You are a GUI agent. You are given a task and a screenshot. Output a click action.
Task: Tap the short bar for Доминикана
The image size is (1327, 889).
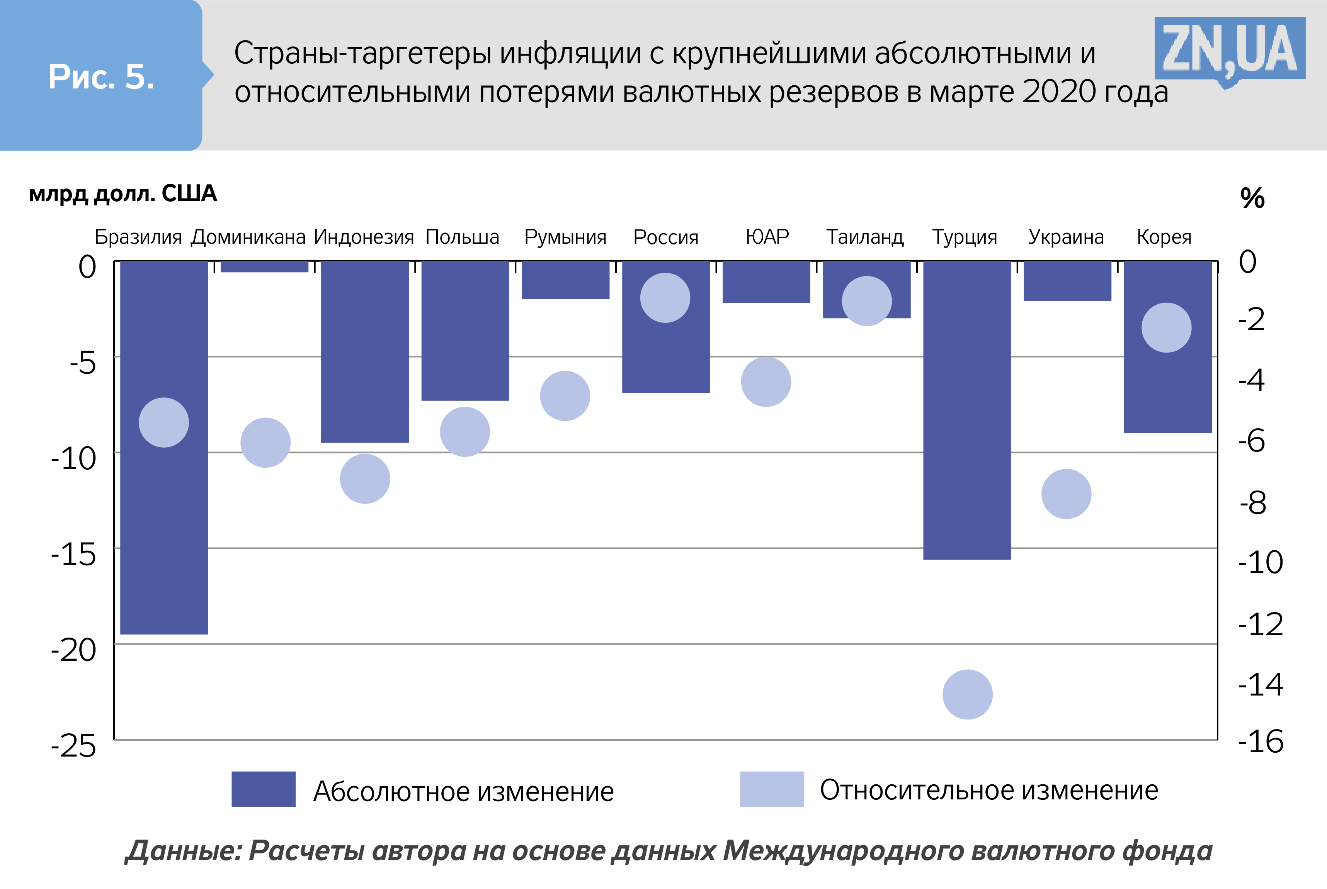click(x=264, y=266)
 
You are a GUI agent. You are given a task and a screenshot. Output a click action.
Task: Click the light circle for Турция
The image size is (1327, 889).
click(x=967, y=694)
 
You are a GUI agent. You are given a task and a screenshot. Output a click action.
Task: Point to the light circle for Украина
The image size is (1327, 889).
click(x=1066, y=494)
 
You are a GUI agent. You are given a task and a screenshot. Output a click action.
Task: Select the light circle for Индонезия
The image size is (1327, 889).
click(x=365, y=478)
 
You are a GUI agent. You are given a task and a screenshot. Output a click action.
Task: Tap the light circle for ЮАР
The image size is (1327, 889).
click(x=766, y=382)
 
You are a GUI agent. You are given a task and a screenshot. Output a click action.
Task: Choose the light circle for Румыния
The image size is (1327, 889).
click(x=565, y=396)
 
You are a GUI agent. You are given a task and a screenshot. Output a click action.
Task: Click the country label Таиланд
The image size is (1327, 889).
click(x=864, y=237)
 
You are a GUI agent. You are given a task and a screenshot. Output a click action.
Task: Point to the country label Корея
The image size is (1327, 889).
click(x=1164, y=237)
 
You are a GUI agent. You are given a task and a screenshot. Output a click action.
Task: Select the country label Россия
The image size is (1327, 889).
click(x=665, y=237)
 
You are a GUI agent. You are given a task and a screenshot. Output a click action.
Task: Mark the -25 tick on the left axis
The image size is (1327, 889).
click(x=74, y=746)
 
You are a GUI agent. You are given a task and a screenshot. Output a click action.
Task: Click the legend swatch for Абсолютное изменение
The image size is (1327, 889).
click(x=263, y=789)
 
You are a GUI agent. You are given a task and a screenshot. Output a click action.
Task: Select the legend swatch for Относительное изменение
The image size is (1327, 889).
click(x=772, y=789)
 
